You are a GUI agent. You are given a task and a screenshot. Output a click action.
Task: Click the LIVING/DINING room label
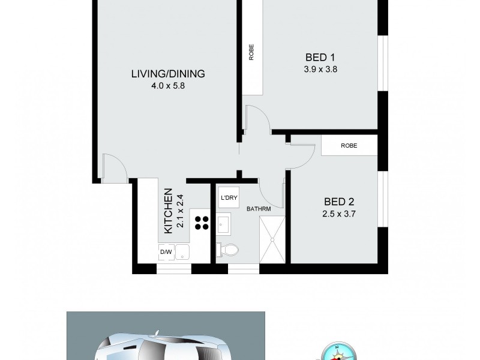pyautogui.click(x=168, y=74)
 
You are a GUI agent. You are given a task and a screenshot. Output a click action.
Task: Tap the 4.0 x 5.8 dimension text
pyautogui.click(x=168, y=85)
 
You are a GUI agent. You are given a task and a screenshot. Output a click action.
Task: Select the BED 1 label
pyautogui.click(x=320, y=58)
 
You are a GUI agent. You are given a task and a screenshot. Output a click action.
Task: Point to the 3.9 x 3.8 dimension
pyautogui.click(x=320, y=68)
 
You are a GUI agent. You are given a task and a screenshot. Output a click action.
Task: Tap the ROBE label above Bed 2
pyautogui.click(x=349, y=145)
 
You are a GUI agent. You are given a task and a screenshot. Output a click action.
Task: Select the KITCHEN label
pyautogui.click(x=169, y=211)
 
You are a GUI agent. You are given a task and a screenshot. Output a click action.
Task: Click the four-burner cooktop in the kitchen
pyautogui.click(x=201, y=223)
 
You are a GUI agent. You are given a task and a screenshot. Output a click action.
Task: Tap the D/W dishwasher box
pyautogui.click(x=166, y=253)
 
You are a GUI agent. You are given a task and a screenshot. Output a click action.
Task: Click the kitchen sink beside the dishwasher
pyautogui.click(x=183, y=253)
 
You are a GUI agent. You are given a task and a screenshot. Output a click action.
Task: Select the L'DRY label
pyautogui.click(x=227, y=198)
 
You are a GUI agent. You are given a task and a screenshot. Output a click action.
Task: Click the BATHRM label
pyautogui.click(x=259, y=208)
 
